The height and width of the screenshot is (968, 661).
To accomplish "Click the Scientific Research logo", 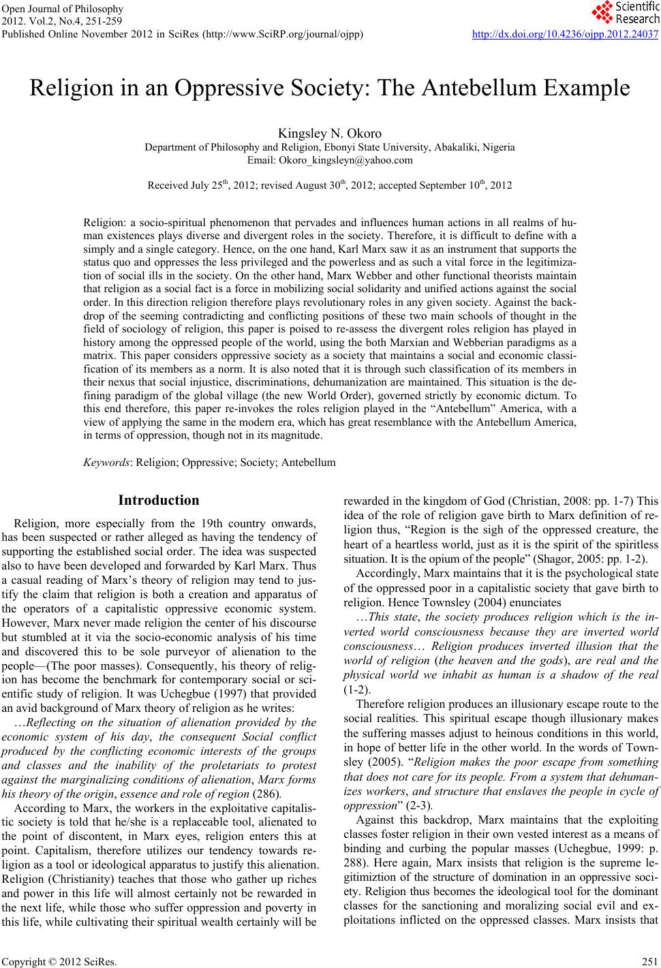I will [x=623, y=12].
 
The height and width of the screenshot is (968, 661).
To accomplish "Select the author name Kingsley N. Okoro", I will [x=330, y=133].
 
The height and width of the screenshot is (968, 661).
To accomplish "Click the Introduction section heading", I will [x=159, y=501].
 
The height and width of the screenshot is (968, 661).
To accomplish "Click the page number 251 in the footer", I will [x=649, y=962].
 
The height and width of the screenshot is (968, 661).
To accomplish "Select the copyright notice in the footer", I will [x=59, y=962].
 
